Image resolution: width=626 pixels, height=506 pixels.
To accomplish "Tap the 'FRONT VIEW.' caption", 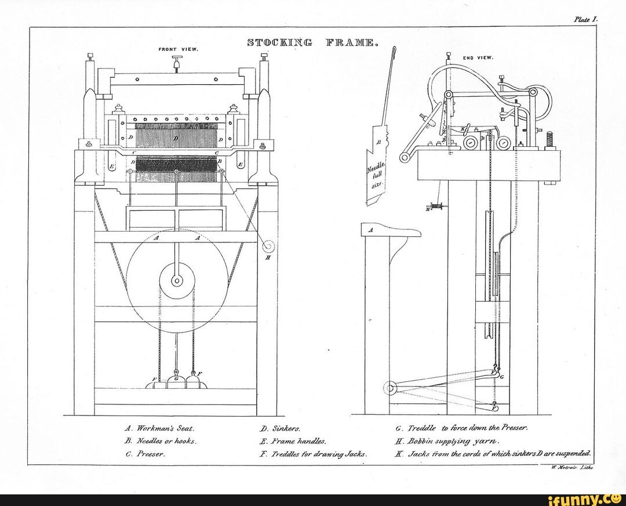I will pos(179,49).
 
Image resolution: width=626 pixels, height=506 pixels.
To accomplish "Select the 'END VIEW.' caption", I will pos(478,58).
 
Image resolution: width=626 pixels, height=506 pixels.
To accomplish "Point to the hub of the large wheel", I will pos(177,281).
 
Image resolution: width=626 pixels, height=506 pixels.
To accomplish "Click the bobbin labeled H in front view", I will pos(269,247).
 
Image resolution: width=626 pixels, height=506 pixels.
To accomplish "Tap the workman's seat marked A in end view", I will pos(390,231).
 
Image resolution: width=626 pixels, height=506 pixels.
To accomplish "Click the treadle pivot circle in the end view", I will pos(390,386).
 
